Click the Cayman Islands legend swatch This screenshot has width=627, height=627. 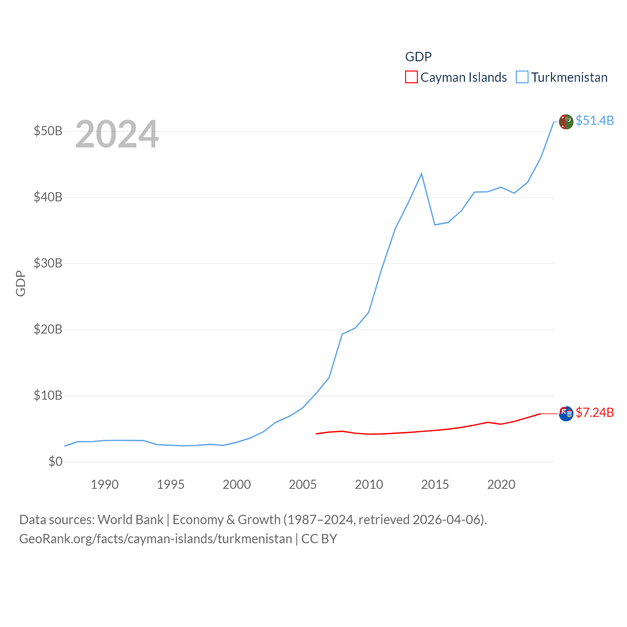[411, 77]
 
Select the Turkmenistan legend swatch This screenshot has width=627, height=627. [522, 77]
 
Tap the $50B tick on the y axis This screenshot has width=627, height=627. [48, 131]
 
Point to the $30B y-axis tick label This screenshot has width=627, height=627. [48, 263]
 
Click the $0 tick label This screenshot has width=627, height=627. [55, 461]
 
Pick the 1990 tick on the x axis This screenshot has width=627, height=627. [104, 484]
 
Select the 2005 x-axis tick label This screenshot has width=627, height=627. [303, 484]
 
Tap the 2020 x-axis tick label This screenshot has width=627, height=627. [501, 484]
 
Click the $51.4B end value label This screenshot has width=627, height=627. [595, 121]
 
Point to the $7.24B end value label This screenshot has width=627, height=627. [595, 412]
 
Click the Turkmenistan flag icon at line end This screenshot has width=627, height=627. [566, 121]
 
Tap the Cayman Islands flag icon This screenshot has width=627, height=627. [566, 413]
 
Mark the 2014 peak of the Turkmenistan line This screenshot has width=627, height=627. [421, 174]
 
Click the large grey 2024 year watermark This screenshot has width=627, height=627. [117, 134]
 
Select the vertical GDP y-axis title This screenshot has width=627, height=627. [21, 283]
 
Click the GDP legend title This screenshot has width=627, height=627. [418, 57]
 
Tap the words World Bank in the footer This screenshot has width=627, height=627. [131, 519]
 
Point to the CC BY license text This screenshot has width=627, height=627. [319, 539]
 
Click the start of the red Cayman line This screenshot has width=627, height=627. [316, 434]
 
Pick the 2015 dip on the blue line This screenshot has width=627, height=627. [434, 224]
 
